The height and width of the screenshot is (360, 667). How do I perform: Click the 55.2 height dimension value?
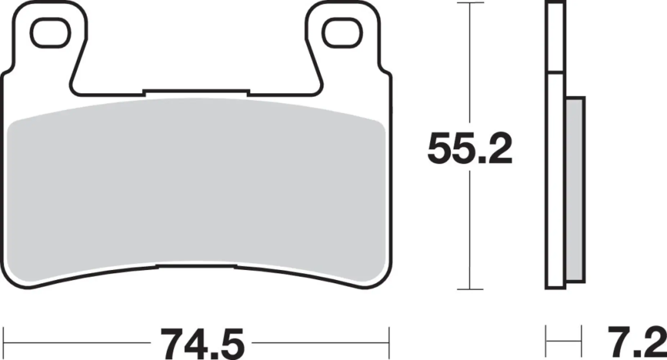point(470,148)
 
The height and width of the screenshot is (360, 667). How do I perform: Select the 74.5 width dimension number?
point(202,342)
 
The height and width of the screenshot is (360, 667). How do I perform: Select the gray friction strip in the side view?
point(575,191)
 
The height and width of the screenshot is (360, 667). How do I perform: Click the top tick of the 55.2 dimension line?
point(470,3)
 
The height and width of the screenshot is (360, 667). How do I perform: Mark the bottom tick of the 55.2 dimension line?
point(470,289)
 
